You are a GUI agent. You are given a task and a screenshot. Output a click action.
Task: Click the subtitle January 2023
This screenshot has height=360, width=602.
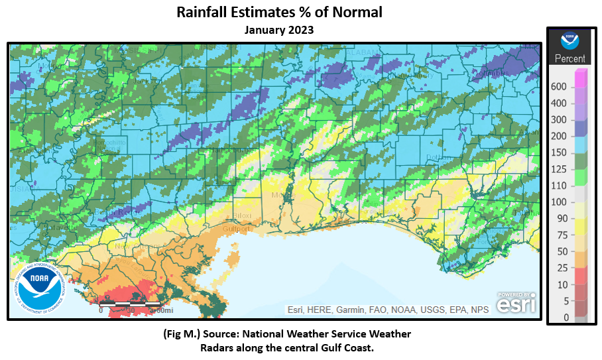[278, 30]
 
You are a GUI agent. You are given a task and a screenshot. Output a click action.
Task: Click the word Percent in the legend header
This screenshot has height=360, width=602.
[570, 58]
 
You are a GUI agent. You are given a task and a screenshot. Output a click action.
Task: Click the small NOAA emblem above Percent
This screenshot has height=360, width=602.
[570, 40]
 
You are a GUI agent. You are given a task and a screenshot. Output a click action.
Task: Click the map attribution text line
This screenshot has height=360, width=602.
[389, 310]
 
